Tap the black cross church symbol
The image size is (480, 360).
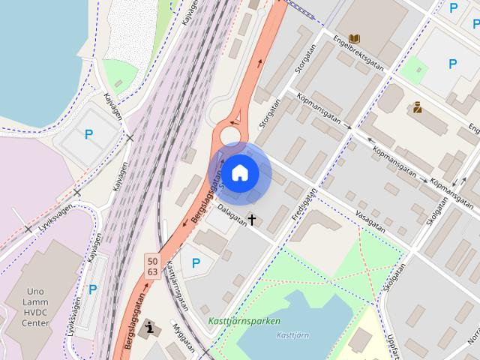point(252,220)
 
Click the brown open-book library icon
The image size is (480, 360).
point(355,38)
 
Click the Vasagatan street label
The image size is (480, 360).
point(370,221)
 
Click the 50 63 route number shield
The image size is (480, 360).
point(152,265)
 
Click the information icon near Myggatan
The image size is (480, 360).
point(152,328)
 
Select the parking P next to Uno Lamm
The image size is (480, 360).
point(93,289)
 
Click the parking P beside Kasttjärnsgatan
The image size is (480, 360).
point(196,263)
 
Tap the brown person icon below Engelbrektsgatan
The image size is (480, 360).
point(417,107)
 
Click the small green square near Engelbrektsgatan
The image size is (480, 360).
point(411,70)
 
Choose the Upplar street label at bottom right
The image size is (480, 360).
point(393,345)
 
